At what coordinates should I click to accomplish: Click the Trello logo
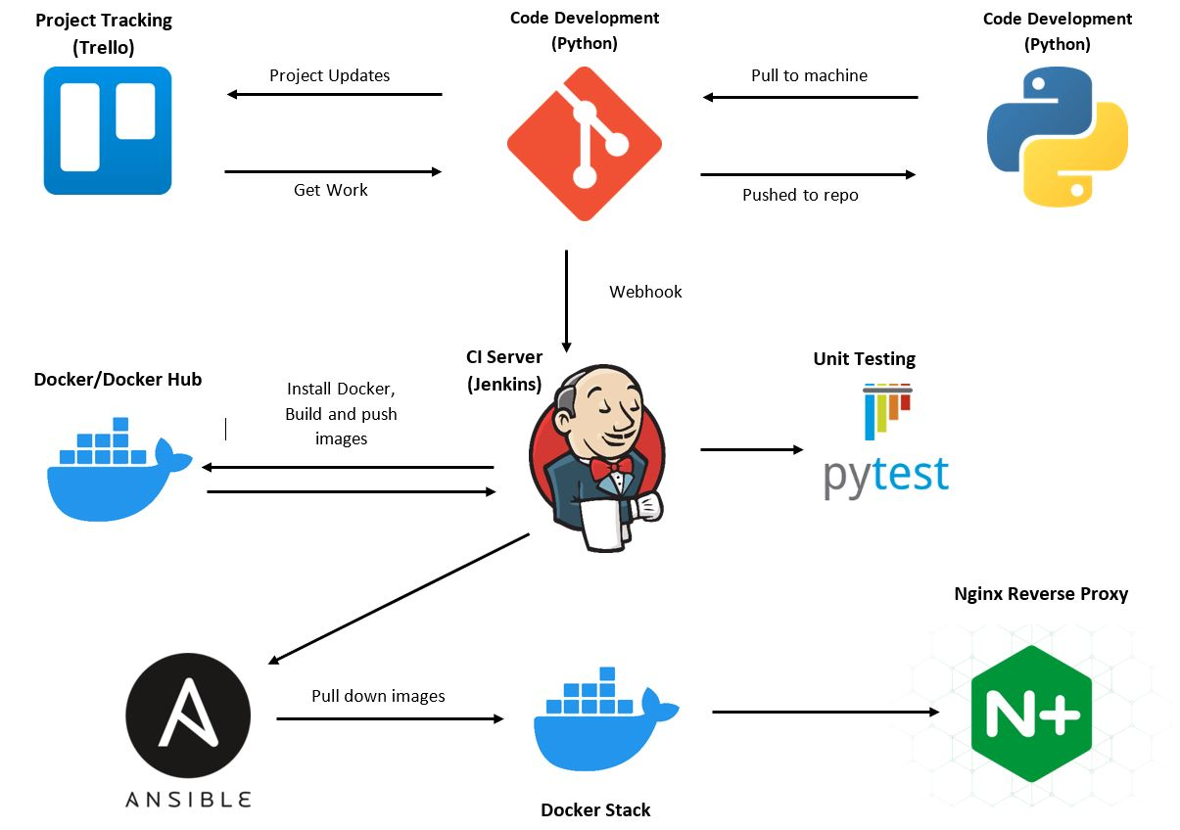pos(108,130)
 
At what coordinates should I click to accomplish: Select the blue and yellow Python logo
pos(1057,137)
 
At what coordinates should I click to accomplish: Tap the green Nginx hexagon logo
pos(1030,714)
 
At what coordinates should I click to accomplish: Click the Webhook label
pos(645,292)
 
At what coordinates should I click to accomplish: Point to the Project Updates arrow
pos(334,94)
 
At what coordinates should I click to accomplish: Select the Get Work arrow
pos(334,171)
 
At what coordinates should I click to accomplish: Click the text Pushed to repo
pos(800,195)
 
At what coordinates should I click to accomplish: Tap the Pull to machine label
pos(809,75)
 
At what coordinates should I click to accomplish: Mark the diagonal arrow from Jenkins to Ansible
pos(399,599)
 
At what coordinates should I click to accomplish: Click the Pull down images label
pos(378,696)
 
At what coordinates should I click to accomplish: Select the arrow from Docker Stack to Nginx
pos(826,712)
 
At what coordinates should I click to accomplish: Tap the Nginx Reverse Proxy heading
pos(1041,594)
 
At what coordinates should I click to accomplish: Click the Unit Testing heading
pos(864,358)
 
